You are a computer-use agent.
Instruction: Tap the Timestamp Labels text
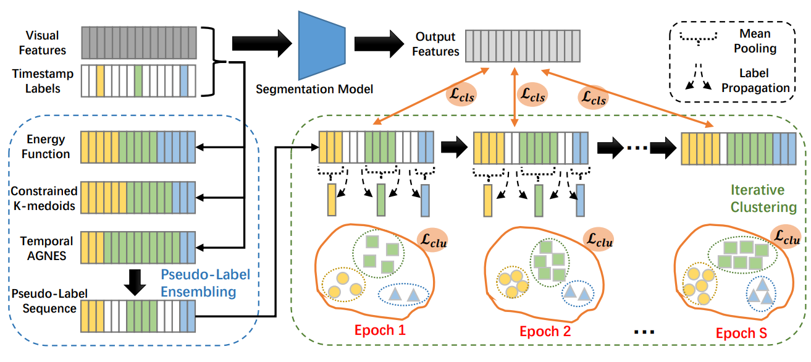(x=43, y=81)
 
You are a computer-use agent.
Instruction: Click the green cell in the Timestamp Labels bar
(x=138, y=80)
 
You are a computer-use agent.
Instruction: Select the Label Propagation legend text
(x=764, y=80)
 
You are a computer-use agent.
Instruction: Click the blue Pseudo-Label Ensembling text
(x=204, y=282)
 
